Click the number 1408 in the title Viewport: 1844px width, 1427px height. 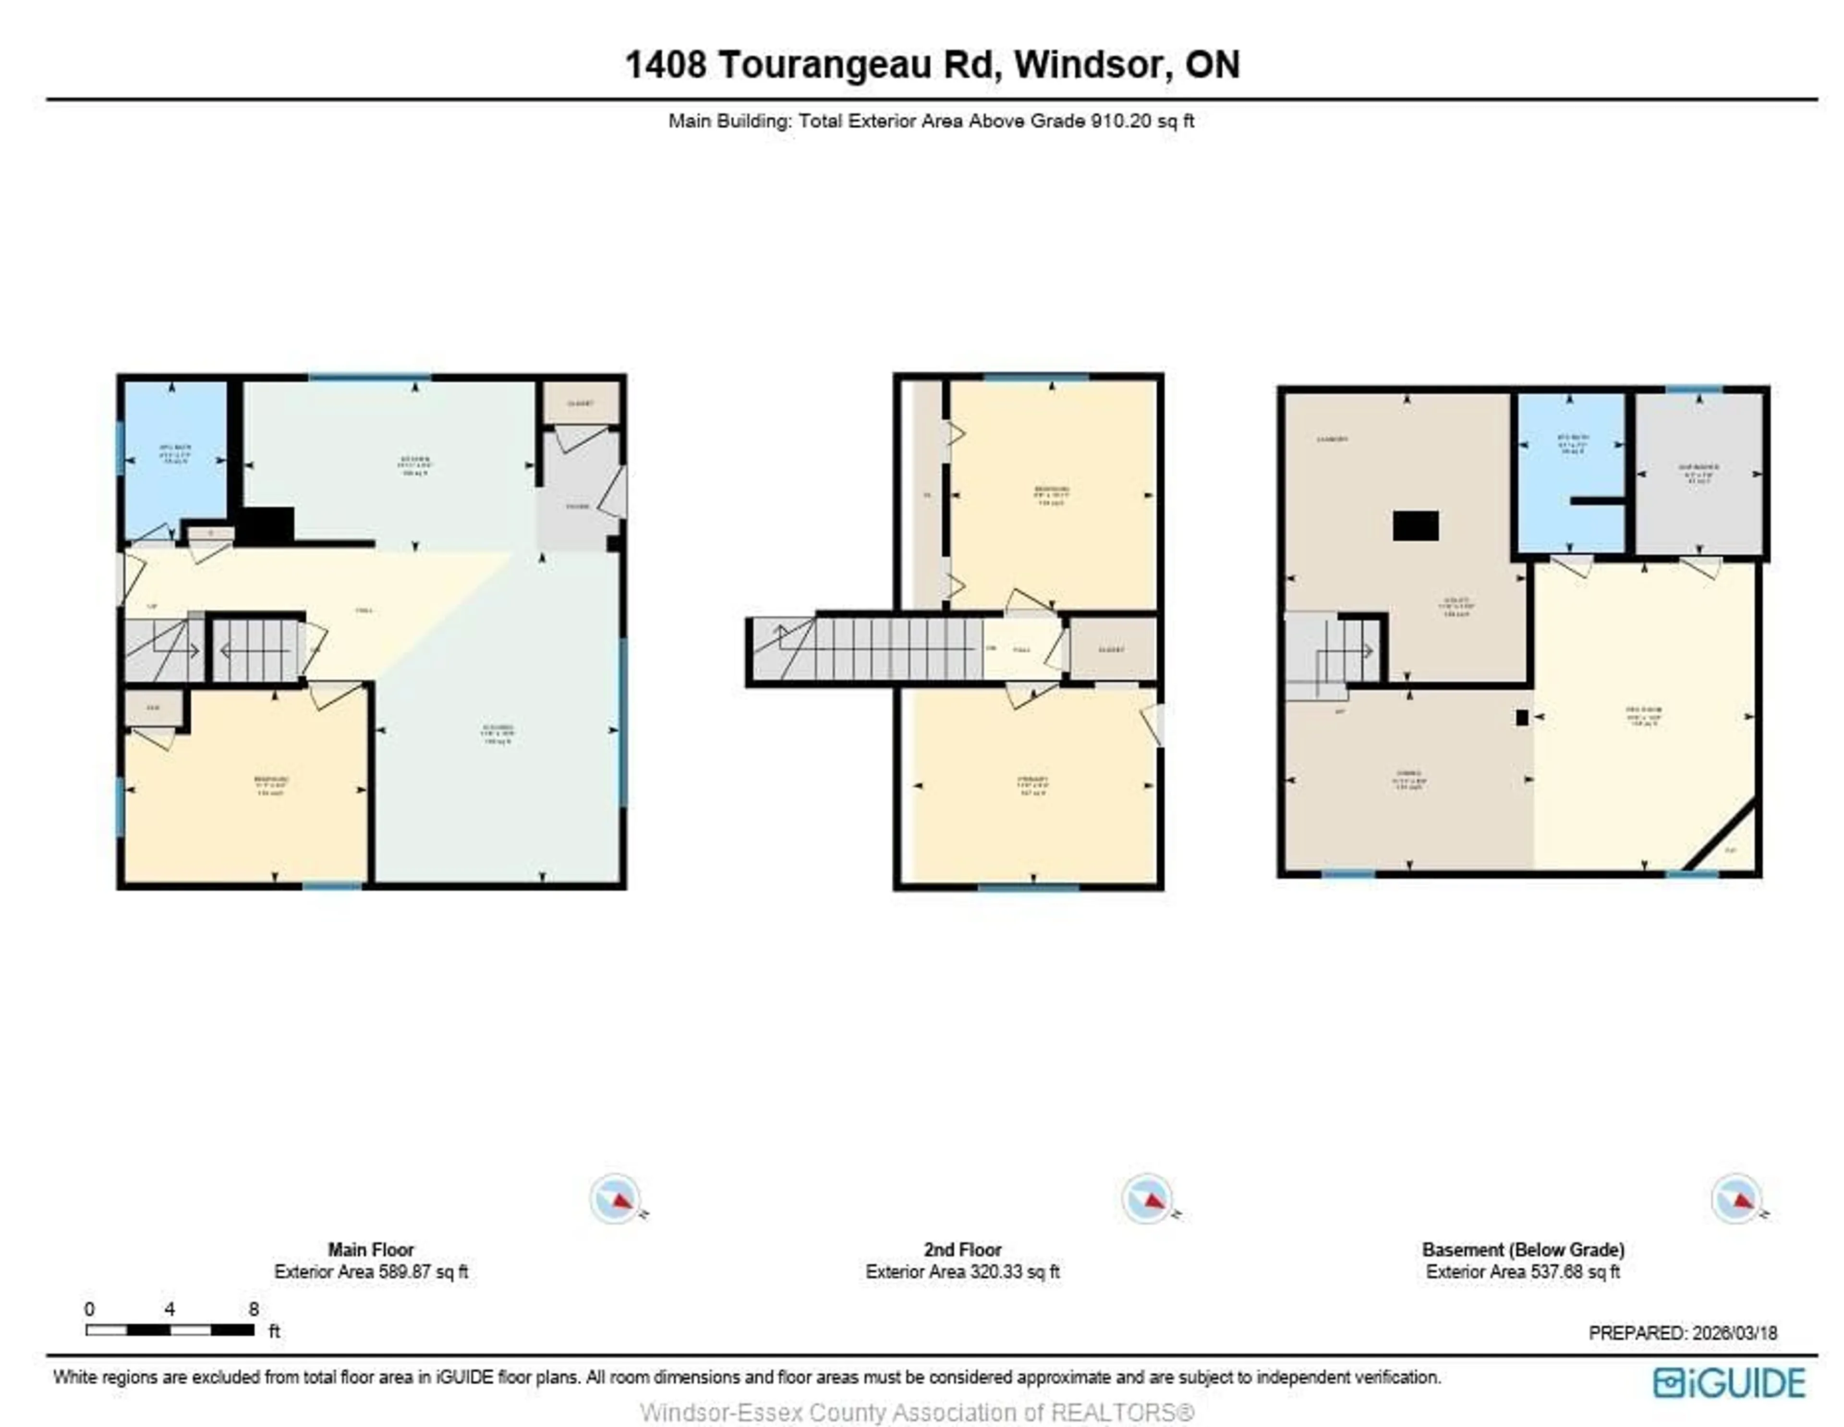click(665, 65)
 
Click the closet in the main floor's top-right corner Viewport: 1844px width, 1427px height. click(581, 403)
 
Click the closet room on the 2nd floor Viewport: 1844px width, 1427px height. click(1112, 649)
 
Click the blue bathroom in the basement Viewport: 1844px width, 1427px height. click(1570, 473)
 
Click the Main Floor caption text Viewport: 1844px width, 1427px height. click(371, 1250)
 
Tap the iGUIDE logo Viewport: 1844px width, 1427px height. click(1729, 1383)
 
